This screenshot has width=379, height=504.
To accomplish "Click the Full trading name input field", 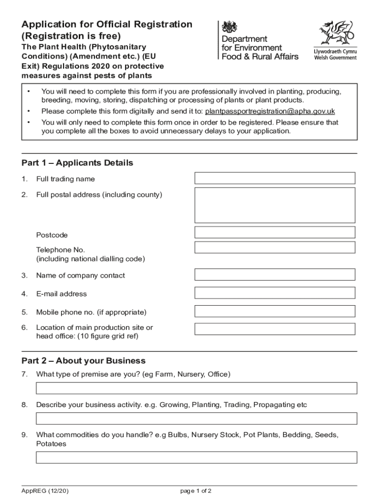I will [x=275, y=178].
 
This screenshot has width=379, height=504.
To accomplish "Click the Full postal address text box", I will [x=275, y=205].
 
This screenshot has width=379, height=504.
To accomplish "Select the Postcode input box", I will [x=275, y=232].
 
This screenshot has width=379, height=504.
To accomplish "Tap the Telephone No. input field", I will [x=275, y=248].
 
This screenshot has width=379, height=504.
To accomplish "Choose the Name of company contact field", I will [x=275, y=275].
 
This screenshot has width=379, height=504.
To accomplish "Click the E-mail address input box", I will [x=275, y=293].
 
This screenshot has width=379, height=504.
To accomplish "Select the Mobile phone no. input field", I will [x=275, y=311].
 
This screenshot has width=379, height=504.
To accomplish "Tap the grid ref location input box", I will [x=275, y=329].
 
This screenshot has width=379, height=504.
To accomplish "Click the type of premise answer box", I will [x=196, y=388].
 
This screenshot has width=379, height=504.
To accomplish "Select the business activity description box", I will [x=196, y=418].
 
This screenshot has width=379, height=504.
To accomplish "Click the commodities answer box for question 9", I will [x=196, y=458].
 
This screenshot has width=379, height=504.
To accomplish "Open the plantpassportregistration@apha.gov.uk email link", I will [x=270, y=111].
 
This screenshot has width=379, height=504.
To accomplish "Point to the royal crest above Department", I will [x=229, y=27].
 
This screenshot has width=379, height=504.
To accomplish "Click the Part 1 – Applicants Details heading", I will [x=77, y=163].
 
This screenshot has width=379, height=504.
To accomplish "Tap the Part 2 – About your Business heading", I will [x=83, y=361].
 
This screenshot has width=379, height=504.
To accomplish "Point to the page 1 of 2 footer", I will [x=196, y=491].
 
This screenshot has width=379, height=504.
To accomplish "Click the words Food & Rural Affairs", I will [x=260, y=57].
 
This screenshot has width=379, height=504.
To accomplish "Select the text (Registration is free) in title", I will [x=71, y=36].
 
